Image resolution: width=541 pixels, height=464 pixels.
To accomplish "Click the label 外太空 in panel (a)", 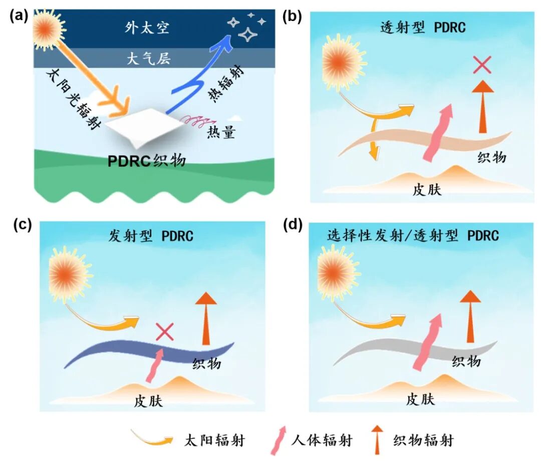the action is (x=147, y=27).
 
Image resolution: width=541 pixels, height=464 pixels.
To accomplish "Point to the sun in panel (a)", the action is (x=48, y=29).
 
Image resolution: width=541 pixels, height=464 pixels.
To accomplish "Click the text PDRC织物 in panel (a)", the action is (x=147, y=161).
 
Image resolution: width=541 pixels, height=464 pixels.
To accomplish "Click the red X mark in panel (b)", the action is (x=482, y=65).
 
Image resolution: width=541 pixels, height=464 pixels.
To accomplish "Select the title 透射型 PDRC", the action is (x=423, y=27).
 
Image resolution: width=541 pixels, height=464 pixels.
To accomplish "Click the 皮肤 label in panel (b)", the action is (x=427, y=190).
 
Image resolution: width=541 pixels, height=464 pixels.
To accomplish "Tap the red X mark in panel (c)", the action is (x=165, y=331).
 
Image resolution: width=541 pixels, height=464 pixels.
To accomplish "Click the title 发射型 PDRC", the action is (x=151, y=236).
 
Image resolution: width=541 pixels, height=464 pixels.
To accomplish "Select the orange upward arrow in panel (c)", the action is (x=206, y=318).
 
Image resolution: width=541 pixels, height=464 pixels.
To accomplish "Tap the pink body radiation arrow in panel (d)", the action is (x=428, y=342).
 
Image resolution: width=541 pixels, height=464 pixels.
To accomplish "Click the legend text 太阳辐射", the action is (x=214, y=440).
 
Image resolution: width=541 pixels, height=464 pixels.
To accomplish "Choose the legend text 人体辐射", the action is (x=322, y=440).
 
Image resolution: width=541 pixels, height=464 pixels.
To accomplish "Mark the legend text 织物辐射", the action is (x=423, y=440).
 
